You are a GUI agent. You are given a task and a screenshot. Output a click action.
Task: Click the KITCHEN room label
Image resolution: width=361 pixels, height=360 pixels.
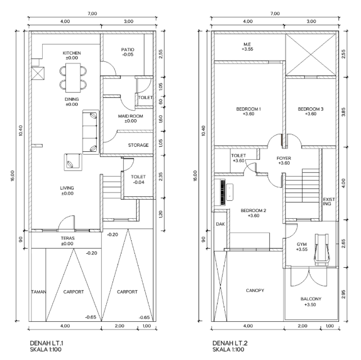click(x=71, y=53)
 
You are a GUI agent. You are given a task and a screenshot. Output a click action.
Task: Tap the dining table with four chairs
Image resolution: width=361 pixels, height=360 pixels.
click(x=73, y=78)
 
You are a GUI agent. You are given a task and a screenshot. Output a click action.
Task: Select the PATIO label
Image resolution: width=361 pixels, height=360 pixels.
click(x=128, y=49)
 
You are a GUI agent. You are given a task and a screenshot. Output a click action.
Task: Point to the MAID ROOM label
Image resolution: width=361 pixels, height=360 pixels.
click(x=130, y=116)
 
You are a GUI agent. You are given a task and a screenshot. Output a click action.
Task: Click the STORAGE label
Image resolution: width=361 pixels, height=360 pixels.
click(x=138, y=145)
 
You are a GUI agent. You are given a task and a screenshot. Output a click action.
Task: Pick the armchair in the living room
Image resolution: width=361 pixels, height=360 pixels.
click(x=73, y=162)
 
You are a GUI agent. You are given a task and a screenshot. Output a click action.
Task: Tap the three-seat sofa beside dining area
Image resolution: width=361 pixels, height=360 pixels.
click(x=91, y=132)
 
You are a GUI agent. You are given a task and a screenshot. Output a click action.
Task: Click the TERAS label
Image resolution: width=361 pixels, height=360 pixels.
click(x=67, y=238)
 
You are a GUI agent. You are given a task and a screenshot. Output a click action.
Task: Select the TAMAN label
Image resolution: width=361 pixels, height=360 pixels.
click(x=38, y=292)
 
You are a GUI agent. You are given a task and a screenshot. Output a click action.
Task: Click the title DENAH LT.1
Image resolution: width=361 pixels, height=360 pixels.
click(x=47, y=343)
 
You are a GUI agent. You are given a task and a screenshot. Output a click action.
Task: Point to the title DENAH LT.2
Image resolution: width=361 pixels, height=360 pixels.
click(x=230, y=343)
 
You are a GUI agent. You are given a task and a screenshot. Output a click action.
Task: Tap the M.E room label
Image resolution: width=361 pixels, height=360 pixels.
click(x=247, y=44)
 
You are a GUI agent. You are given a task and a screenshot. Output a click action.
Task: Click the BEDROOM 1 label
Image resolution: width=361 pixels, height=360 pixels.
click(x=249, y=109)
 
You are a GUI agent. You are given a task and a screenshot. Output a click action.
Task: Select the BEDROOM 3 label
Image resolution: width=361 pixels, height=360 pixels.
click(x=310, y=109)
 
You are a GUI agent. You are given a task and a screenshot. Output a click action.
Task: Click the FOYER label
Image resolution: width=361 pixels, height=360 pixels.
click(x=284, y=158)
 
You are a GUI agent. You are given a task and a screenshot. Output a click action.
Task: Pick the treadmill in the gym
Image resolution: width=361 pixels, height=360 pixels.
click(x=322, y=250)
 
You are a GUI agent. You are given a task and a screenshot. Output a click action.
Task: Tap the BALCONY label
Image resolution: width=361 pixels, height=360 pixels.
click(x=311, y=299)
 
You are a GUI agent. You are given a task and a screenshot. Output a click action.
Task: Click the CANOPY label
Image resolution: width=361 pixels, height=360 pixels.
click(x=255, y=290)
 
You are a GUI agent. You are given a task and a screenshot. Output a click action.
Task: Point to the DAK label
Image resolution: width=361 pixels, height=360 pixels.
click(x=220, y=224)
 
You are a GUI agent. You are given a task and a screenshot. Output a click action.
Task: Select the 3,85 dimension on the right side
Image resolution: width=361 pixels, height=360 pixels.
click(x=344, y=112)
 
